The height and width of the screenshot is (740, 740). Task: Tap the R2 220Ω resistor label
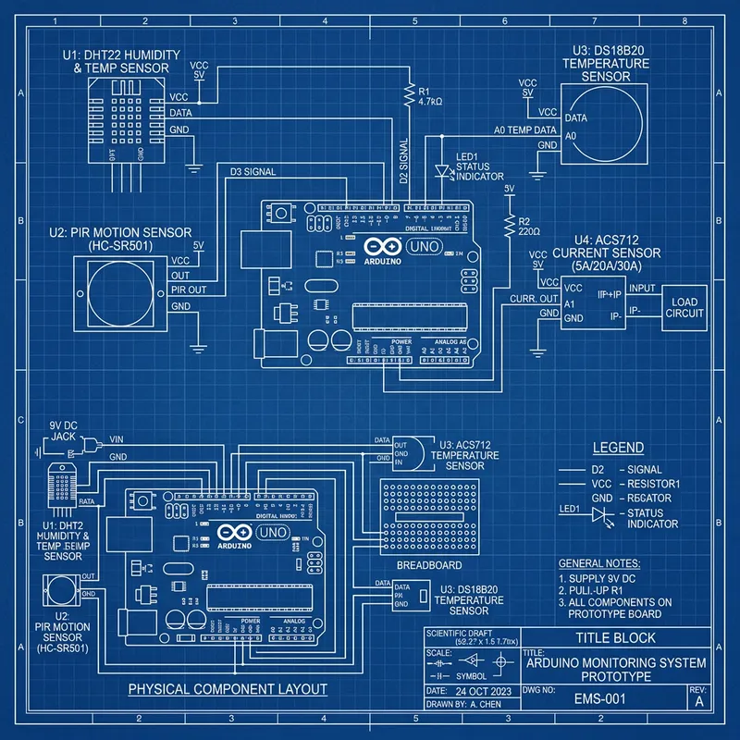point(530,228)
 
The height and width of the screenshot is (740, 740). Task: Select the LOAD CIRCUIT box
point(685,308)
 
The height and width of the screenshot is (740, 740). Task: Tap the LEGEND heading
point(618,449)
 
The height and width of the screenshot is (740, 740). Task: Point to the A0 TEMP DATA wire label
point(524,130)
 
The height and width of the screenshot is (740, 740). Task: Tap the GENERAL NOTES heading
point(598,563)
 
